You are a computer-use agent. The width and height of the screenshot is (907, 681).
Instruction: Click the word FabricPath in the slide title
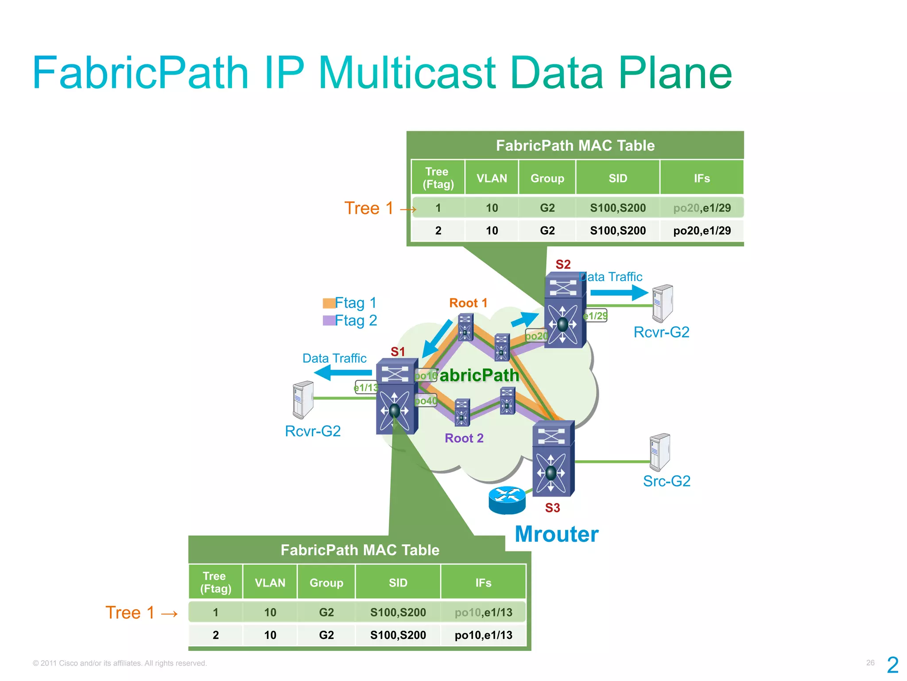coord(140,73)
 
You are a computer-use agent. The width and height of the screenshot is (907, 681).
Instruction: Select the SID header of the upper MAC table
coord(617,178)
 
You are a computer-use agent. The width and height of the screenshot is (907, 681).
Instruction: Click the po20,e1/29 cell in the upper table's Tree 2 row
coord(702,231)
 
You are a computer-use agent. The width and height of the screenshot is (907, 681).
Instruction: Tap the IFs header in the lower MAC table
coord(483,583)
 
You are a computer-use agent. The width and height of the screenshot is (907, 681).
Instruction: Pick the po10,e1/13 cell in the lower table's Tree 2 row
coord(483,635)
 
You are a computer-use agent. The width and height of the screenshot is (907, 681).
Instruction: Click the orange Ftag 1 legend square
coord(329,303)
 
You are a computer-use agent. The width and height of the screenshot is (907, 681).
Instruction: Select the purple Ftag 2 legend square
coord(329,321)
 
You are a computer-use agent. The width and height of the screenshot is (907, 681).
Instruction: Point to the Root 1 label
coord(468,303)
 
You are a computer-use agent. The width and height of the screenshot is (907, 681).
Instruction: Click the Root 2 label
coord(464,438)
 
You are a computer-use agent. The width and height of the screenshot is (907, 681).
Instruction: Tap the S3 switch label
coord(552,508)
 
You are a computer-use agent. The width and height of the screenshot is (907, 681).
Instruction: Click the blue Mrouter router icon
coord(507,500)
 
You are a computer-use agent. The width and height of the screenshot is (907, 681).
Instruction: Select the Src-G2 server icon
coord(659,452)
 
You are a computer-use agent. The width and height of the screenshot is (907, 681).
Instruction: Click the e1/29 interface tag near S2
coord(595,316)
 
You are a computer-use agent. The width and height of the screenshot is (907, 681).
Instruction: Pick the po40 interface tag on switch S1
coord(426,401)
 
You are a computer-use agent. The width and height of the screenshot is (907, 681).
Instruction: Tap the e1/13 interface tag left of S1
coord(366,388)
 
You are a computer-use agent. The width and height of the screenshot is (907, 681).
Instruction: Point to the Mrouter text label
coord(556,534)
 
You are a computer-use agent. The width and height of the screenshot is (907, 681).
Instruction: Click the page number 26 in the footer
coord(870,663)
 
